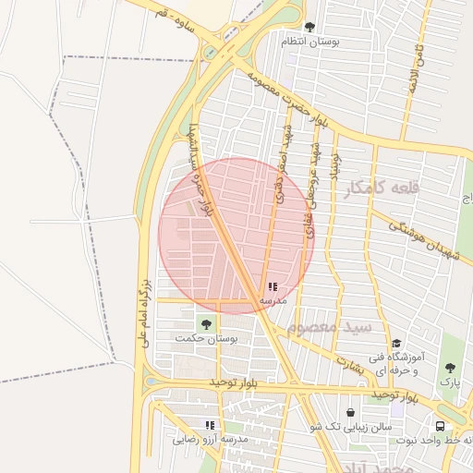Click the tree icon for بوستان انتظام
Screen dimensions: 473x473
pyautogui.click(x=309, y=27)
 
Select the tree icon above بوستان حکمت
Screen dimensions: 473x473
pyautogui.click(x=205, y=323)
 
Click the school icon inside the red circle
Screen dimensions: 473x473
pyautogui.click(x=272, y=287)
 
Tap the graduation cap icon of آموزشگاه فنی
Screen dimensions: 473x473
pyautogui.click(x=395, y=343)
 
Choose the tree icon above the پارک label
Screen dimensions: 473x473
pyautogui.click(x=450, y=367)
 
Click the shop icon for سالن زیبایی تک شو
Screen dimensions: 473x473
pyautogui.click(x=350, y=413)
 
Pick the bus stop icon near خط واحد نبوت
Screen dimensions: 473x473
pyautogui.click(x=440, y=426)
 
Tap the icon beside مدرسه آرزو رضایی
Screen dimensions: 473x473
pyautogui.click(x=210, y=425)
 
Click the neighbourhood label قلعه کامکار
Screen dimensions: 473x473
pyautogui.click(x=382, y=188)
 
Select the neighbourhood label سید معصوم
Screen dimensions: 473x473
pyautogui.click(x=329, y=327)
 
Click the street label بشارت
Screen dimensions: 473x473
pyautogui.click(x=352, y=363)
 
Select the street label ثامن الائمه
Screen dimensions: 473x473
pyautogui.click(x=418, y=66)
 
